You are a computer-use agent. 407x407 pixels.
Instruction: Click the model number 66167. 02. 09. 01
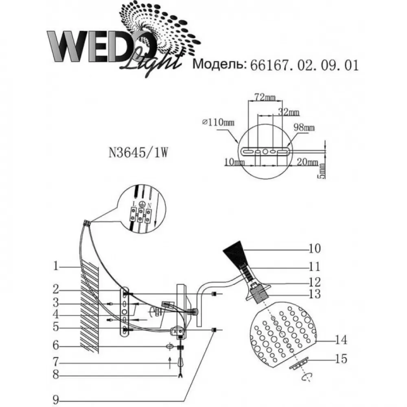click(304, 65)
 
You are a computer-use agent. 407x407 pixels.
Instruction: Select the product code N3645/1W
click(138, 152)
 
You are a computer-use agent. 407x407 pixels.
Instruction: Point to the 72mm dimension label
click(265, 97)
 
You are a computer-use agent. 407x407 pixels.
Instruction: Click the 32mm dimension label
click(289, 112)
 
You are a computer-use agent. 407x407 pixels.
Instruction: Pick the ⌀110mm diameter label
click(218, 122)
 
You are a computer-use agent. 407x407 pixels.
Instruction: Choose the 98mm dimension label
click(304, 127)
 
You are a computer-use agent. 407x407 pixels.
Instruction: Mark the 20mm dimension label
click(307, 162)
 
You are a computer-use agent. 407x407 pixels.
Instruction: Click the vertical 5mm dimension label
click(322, 171)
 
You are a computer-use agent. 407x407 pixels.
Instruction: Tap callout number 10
click(315, 248)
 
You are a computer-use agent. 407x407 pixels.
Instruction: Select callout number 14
click(341, 340)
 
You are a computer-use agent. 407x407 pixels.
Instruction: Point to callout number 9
click(55, 400)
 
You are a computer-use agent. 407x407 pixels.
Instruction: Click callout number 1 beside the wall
click(56, 266)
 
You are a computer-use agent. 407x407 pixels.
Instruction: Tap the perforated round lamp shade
click(283, 335)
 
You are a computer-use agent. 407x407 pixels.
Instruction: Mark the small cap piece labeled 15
click(300, 363)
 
